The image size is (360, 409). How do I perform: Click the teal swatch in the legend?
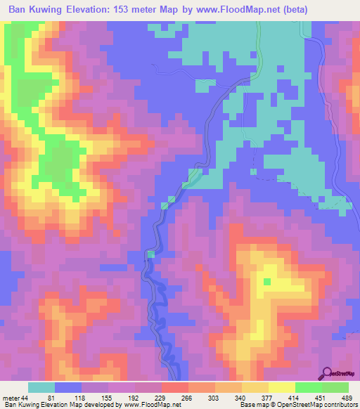click(41, 387)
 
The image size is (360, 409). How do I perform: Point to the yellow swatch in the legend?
click(281, 387)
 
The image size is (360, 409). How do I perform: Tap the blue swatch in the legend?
click(68, 387)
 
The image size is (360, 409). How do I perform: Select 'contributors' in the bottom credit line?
click(337, 405)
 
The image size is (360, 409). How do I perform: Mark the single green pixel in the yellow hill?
click(267, 282)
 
